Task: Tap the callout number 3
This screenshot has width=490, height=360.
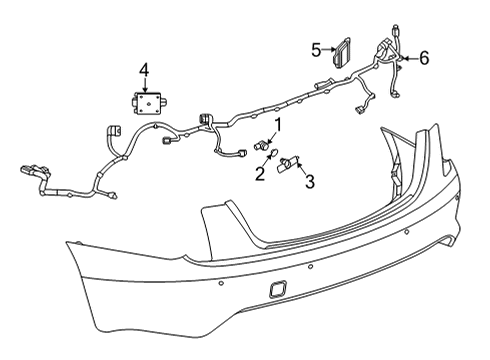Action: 310,181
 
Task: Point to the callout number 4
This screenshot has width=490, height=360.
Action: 145,69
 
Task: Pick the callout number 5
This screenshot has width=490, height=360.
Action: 316,48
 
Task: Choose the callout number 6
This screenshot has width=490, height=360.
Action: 423,60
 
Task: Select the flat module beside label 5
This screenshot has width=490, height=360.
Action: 346,53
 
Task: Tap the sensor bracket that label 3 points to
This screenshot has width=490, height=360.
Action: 289,163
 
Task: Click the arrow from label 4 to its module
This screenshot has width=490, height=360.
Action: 145,84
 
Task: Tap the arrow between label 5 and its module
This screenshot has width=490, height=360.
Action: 329,49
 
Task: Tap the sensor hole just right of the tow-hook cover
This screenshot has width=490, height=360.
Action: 313,269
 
